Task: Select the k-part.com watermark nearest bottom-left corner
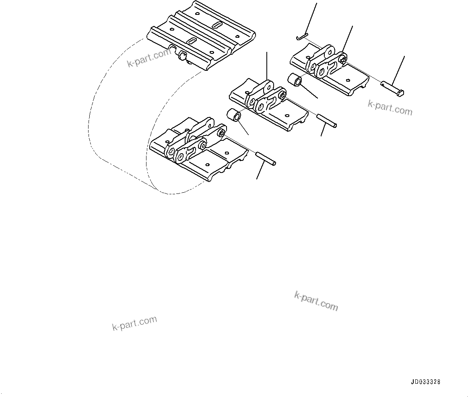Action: tap(134, 323)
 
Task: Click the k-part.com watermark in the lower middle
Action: tap(316, 301)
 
